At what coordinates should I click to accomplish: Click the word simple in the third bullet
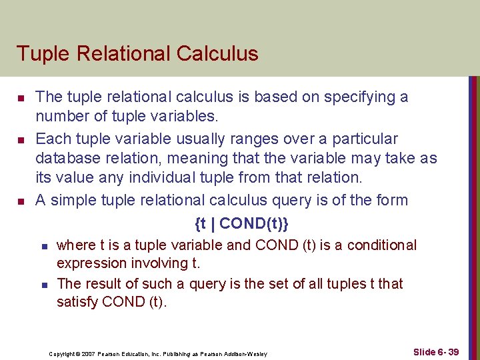point(73,201)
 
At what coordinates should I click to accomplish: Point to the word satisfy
point(77,302)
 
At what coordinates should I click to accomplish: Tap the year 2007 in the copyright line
point(91,353)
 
